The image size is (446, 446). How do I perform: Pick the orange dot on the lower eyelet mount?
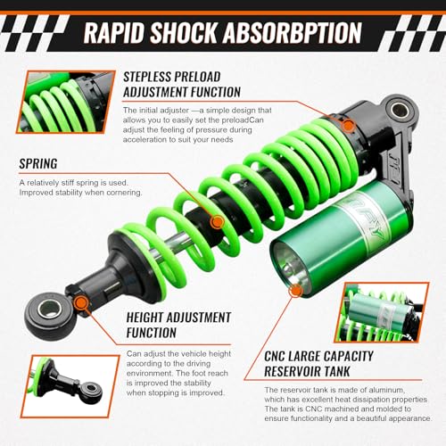[x=82, y=304]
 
